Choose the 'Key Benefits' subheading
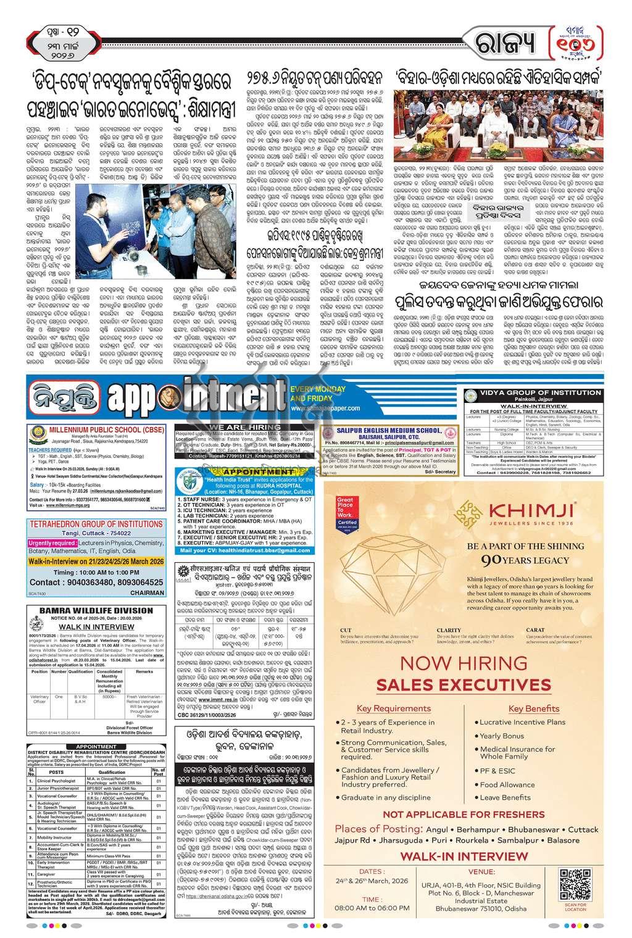[533, 708]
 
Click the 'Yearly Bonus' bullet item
[502, 736]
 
